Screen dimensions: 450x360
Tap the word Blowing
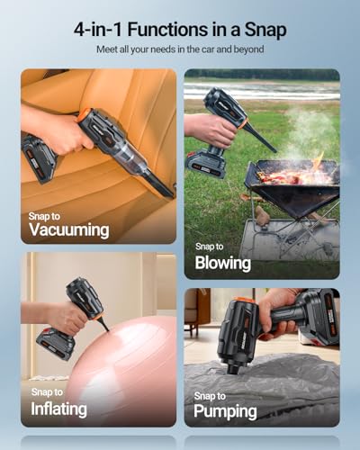(222, 263)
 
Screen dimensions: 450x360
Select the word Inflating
(60, 408)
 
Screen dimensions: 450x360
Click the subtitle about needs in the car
(180, 49)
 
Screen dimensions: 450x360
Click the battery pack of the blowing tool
(207, 162)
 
